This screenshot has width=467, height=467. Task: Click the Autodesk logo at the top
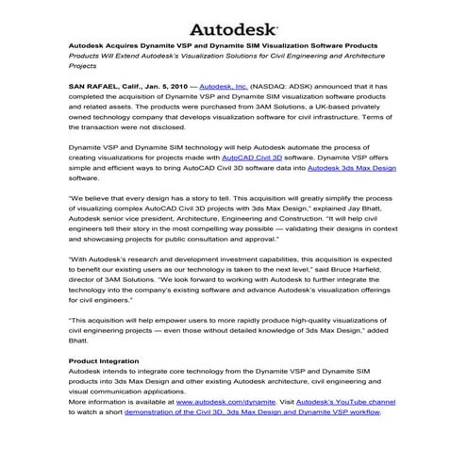[233, 27]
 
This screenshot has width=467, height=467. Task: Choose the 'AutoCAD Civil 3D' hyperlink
[256, 158]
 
